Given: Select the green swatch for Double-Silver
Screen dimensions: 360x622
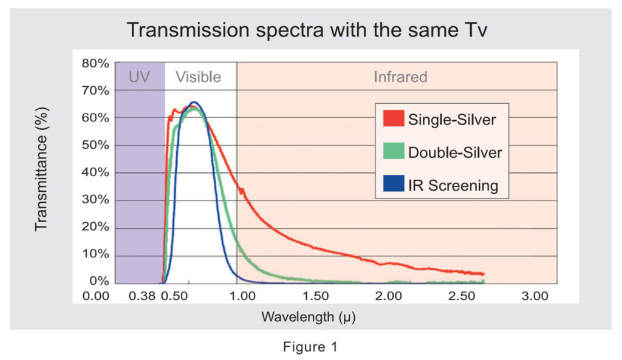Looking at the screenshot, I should (393, 152).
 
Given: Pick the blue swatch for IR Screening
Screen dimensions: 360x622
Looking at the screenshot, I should (393, 185).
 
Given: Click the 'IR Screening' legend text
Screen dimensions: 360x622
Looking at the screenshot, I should (453, 186).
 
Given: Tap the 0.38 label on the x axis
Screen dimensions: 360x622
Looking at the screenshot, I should (140, 296).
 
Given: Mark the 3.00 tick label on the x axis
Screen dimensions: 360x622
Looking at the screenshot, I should (535, 296).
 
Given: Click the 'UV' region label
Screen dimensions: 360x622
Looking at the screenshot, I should (139, 77).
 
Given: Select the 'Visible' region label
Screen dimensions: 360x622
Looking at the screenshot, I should (198, 77).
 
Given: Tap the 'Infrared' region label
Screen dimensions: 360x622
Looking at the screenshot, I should (400, 77).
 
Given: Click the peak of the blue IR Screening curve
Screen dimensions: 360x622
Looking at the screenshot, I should (194, 102).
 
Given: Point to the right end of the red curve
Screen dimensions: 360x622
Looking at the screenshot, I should (483, 274).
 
